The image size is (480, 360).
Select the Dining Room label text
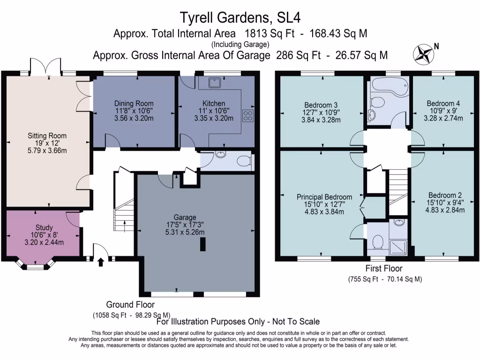[134, 103]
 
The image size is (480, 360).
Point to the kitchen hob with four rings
[248, 116]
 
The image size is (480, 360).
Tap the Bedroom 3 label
[321, 104]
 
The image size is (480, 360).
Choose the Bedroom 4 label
[443, 103]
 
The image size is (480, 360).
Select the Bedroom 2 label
[445, 195]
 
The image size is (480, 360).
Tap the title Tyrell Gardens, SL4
[240, 18]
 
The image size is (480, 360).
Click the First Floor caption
[384, 269]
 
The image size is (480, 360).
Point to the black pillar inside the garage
[203, 244]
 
